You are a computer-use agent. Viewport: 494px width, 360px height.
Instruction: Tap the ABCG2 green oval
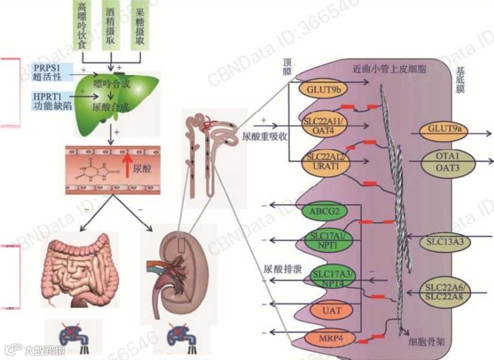pyautogui.click(x=325, y=212)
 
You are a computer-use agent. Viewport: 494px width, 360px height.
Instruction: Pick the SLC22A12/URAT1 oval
pyautogui.click(x=324, y=161)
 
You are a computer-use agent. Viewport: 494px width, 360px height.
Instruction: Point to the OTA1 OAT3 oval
pyautogui.click(x=448, y=162)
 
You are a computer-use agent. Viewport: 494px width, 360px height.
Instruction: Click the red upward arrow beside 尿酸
pyautogui.click(x=127, y=164)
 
